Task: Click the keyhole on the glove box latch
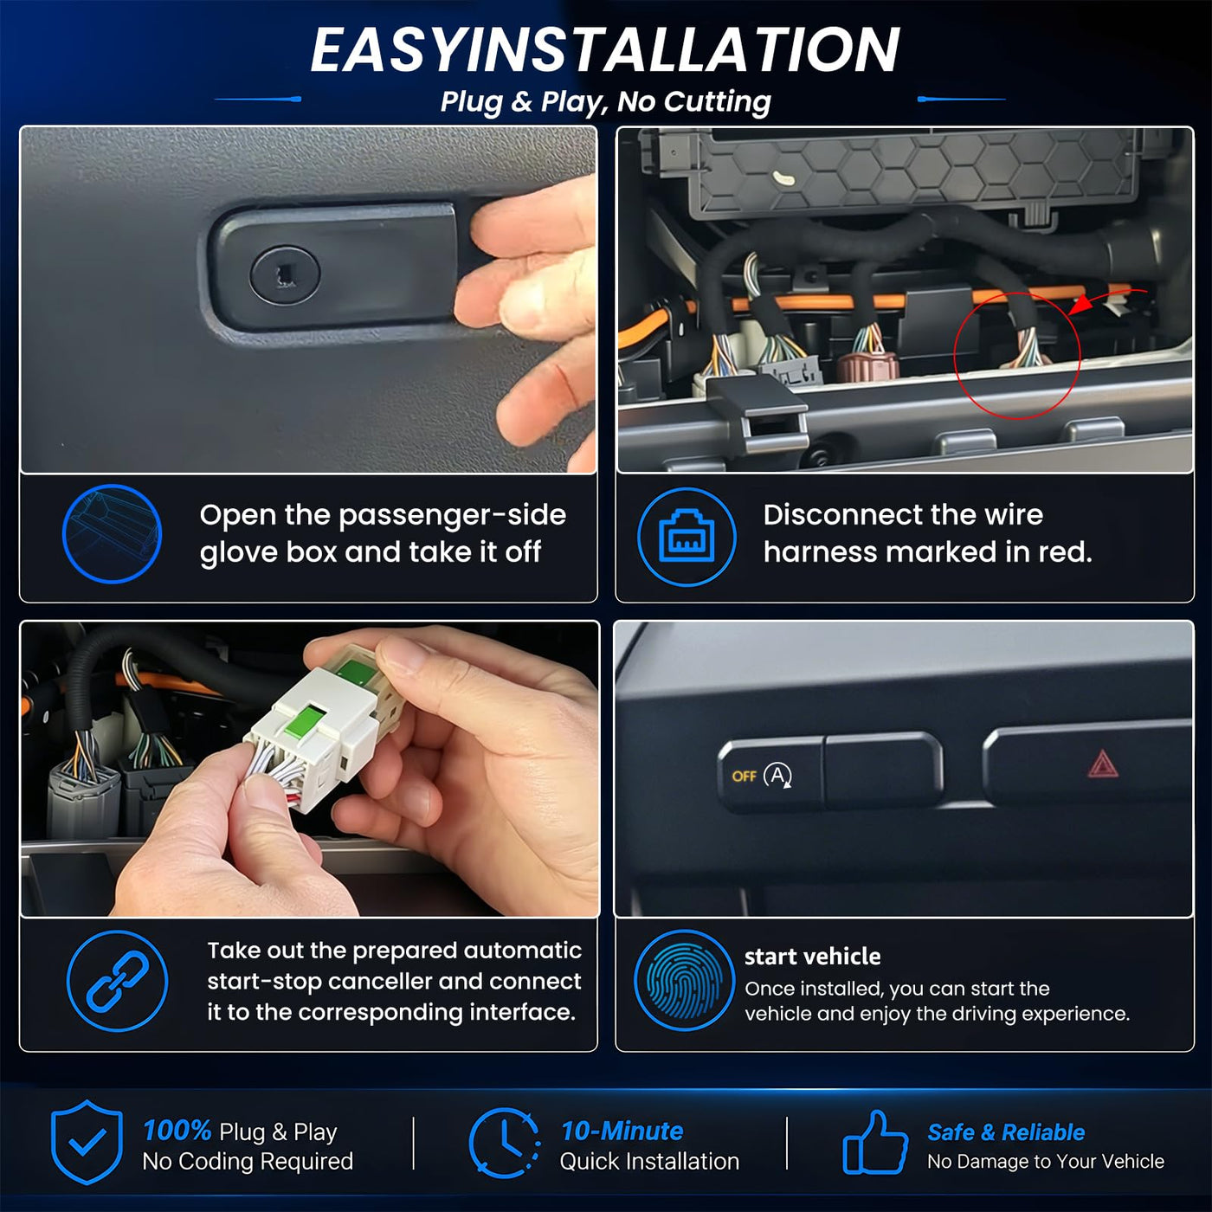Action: tap(285, 274)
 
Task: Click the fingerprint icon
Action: tap(684, 979)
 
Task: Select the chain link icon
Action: tap(117, 981)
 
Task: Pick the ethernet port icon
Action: tap(687, 537)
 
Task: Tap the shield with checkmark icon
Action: tap(87, 1142)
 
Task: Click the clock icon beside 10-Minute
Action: tap(505, 1142)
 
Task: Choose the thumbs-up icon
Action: tap(875, 1143)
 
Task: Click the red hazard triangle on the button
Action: tap(1103, 764)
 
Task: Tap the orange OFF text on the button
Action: tap(744, 777)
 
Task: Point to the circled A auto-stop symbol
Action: tap(778, 776)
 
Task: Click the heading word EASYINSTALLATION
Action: tap(605, 49)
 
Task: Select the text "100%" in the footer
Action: tap(177, 1131)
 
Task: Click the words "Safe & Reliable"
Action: tap(1006, 1132)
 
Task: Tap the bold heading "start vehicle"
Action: tap(813, 957)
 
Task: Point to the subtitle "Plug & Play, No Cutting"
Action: tap(606, 101)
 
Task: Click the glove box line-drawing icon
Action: tap(112, 534)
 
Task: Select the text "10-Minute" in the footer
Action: tap(622, 1131)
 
